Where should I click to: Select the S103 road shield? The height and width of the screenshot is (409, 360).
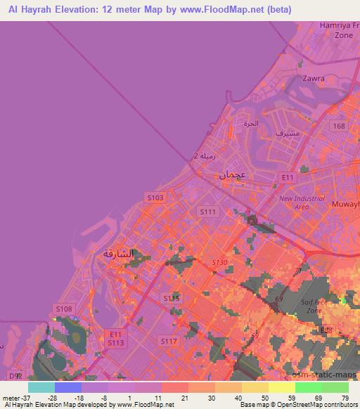click(155, 198)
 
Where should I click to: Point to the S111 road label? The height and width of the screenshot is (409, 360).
click(207, 211)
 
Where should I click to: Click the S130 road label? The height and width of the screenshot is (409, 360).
click(220, 262)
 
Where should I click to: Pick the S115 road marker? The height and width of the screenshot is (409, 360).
click(172, 299)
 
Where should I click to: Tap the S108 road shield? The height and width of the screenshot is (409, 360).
click(64, 309)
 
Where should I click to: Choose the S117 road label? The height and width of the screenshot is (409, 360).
click(168, 341)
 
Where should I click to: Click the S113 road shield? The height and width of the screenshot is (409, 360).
click(115, 342)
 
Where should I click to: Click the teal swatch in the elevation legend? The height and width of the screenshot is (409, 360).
click(41, 387)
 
